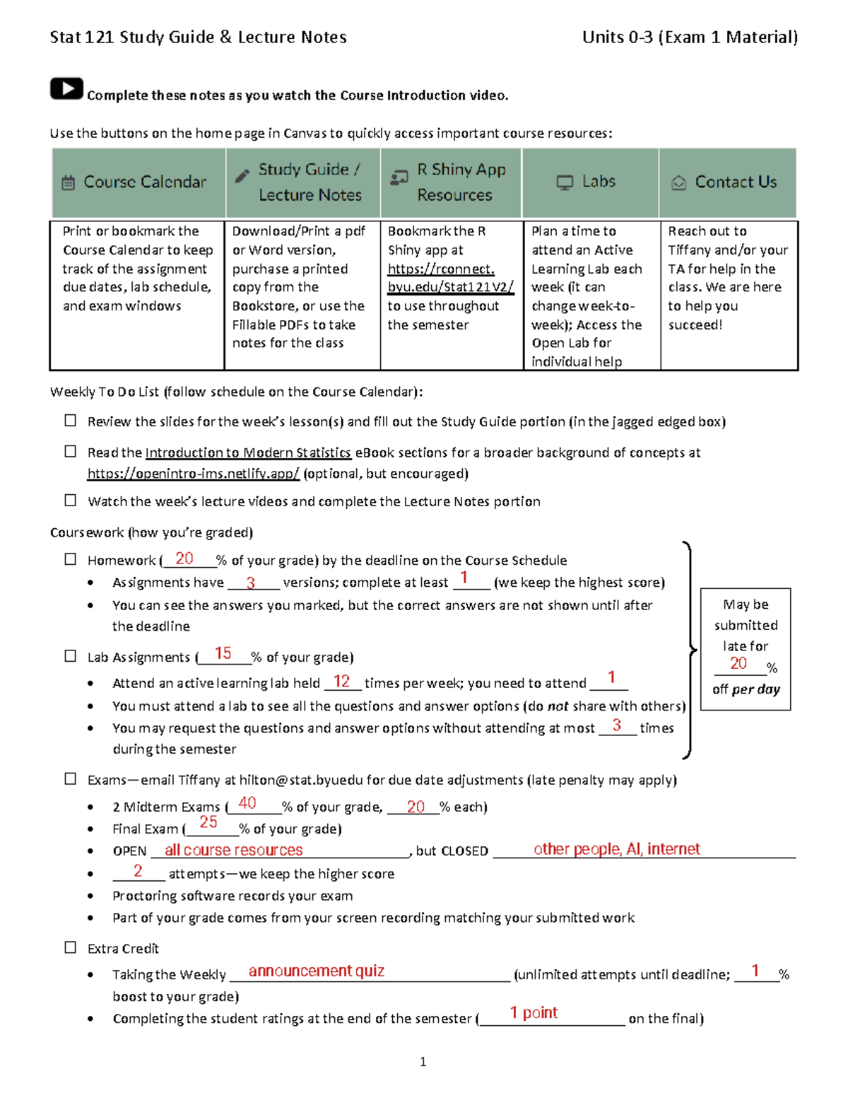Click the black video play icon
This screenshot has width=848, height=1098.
pos(66,88)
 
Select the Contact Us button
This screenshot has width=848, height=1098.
pos(727,182)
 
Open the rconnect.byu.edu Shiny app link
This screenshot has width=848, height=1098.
pos(449,278)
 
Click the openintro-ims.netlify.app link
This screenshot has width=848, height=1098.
pos(193,474)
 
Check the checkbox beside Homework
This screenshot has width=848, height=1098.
pos(71,559)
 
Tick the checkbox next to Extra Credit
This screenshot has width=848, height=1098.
pos(71,947)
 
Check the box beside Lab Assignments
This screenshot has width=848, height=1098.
pos(71,656)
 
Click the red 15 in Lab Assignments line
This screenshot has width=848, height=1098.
pos(223,653)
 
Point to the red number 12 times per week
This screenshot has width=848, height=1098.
pos(342,681)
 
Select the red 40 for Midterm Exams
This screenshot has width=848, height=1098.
pos(247,803)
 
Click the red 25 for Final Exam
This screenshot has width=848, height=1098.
pos(208,822)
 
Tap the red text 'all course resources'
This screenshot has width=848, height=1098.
pos(233,850)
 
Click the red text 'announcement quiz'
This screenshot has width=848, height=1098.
pos(316,971)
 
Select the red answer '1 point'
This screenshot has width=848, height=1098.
pos(534,1012)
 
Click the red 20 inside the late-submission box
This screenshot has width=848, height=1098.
pos(738,663)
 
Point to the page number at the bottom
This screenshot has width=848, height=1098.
pos(423,1061)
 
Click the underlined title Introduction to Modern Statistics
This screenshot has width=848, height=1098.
pos(248,452)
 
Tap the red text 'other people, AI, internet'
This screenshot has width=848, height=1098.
pos(616,849)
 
